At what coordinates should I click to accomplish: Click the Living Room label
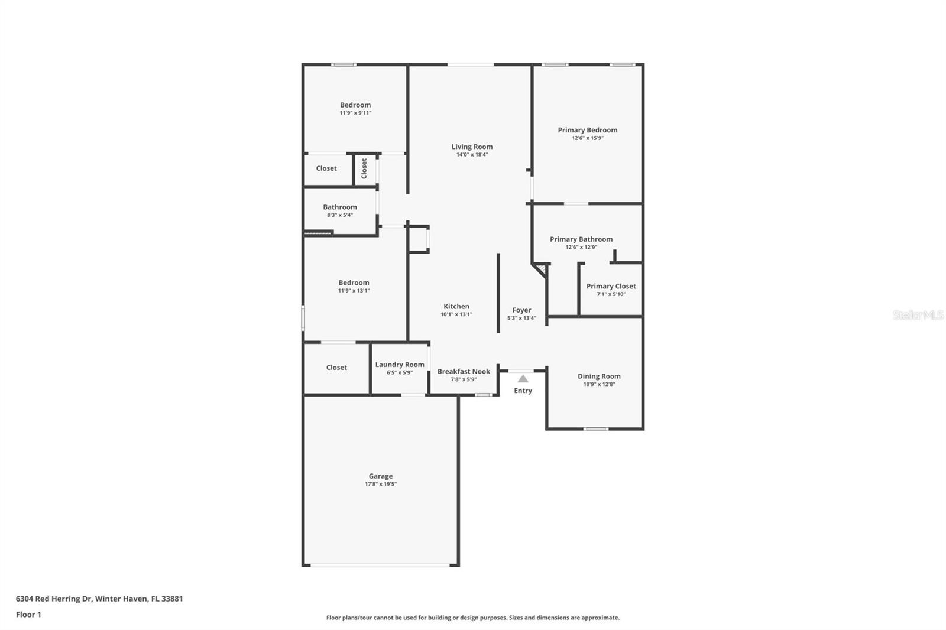472,147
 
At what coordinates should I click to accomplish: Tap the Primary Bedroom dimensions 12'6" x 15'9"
587,138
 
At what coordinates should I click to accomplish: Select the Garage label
380,476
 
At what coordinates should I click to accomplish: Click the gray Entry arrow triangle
523,379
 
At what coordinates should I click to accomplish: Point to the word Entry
523,391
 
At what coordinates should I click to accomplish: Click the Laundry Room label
400,365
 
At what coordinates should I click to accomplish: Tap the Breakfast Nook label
464,371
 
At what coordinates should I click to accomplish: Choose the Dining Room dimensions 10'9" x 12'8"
599,384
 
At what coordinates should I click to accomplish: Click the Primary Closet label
611,286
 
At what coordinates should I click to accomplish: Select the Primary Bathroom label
581,239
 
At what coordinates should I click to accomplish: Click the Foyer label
521,310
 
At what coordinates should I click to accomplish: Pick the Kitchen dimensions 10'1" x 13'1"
456,314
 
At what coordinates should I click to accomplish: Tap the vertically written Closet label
364,168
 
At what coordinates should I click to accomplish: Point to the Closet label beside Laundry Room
336,368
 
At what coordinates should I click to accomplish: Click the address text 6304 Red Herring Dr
54,599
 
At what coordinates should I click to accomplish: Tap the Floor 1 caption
28,615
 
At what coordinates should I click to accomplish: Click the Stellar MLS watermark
918,315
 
